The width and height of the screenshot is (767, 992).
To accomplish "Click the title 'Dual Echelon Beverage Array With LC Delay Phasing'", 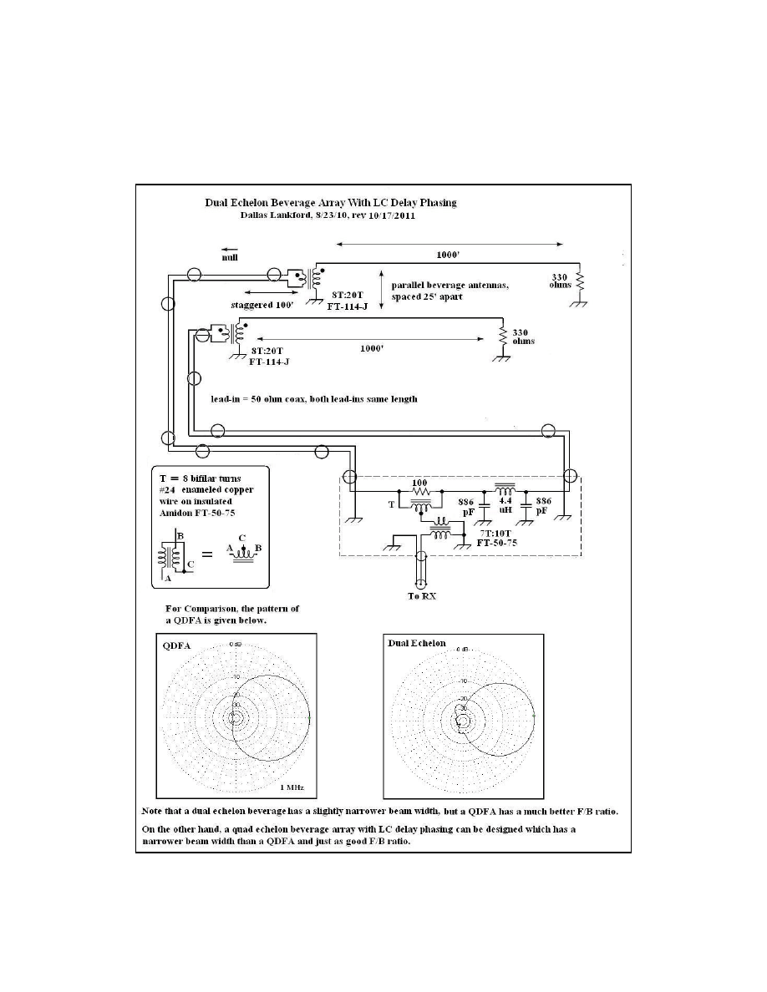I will point(333,202).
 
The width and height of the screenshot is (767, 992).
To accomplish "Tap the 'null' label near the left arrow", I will point(230,259).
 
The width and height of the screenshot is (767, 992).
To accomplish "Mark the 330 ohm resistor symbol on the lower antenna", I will point(503,335).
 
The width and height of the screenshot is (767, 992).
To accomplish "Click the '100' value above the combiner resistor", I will point(420,483).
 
